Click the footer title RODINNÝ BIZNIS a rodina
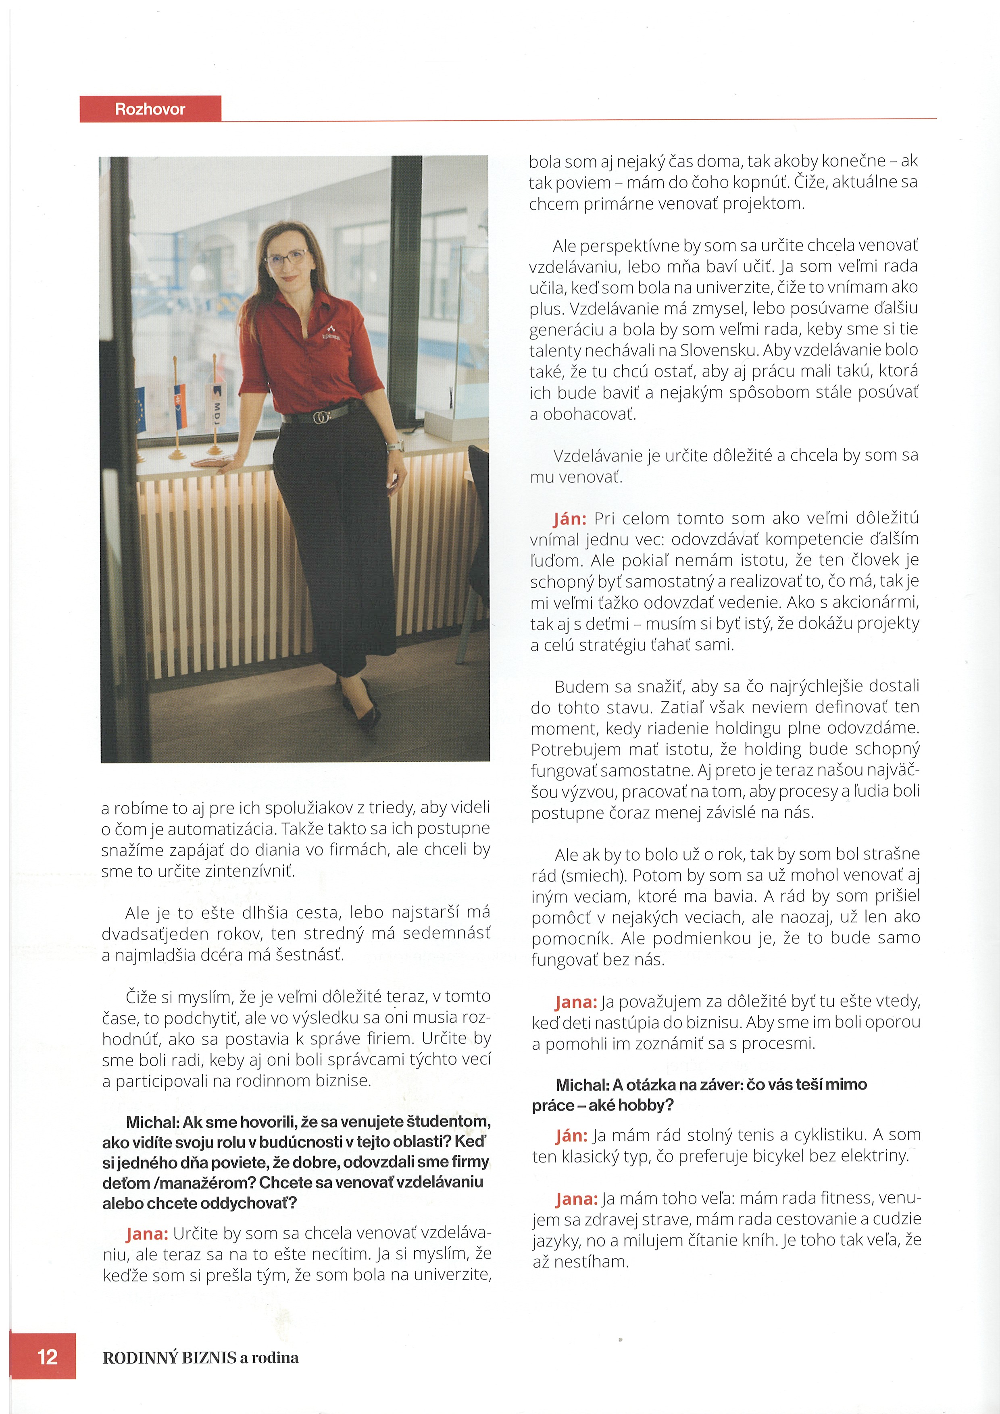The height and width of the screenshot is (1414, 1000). coord(200,1357)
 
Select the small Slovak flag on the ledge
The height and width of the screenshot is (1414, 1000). coord(180,406)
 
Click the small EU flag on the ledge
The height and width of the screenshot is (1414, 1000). coord(139,410)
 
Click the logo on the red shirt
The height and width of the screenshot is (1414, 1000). coord(331,333)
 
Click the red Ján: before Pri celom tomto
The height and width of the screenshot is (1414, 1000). coord(570,518)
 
